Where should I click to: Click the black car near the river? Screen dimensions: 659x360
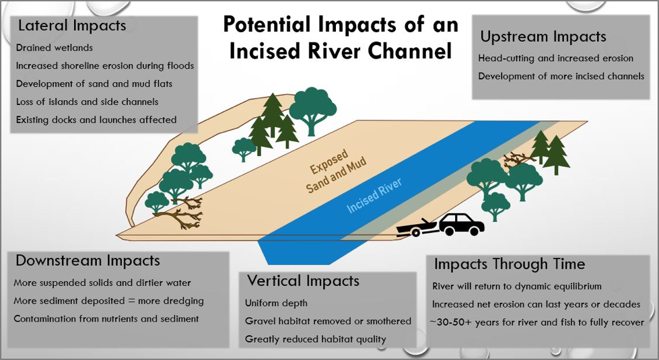pyautogui.click(x=462, y=224)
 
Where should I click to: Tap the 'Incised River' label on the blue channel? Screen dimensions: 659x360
pyautogui.click(x=374, y=195)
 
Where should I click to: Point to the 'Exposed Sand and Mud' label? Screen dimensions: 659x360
pyautogui.click(x=335, y=172)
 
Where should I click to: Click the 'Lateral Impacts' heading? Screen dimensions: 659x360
pyautogui.click(x=72, y=26)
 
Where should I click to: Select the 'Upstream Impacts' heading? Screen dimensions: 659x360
pyautogui.click(x=543, y=36)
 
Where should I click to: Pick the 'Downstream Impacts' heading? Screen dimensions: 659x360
pyautogui.click(x=88, y=260)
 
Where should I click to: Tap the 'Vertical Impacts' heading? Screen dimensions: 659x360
pyautogui.click(x=303, y=281)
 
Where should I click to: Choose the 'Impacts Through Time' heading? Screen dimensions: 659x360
pyautogui.click(x=510, y=264)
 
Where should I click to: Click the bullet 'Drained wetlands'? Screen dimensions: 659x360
pyautogui.click(x=55, y=48)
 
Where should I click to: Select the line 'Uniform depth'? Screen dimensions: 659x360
pyautogui.click(x=276, y=303)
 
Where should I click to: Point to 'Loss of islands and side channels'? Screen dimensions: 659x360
pyautogui.click(x=87, y=102)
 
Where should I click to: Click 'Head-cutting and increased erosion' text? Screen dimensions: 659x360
pyautogui.click(x=555, y=59)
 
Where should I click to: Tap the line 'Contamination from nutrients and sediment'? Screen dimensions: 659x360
pyautogui.click(x=106, y=319)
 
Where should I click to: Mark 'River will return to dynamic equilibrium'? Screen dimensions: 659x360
pyautogui.click(x=517, y=287)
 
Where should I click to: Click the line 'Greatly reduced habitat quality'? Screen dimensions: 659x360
pyautogui.click(x=315, y=339)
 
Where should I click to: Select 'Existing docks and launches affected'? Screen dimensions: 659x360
pyautogui.click(x=96, y=120)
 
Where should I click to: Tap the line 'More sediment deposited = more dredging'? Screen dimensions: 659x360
pyautogui.click(x=108, y=301)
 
